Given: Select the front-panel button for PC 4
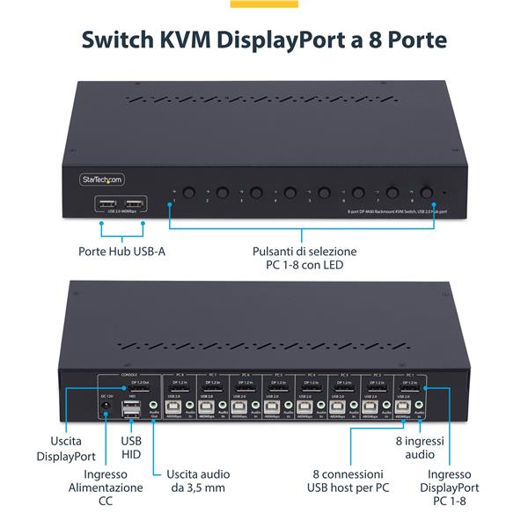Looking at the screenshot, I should tap(290, 192).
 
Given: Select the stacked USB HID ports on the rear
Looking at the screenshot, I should tap(131, 409).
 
